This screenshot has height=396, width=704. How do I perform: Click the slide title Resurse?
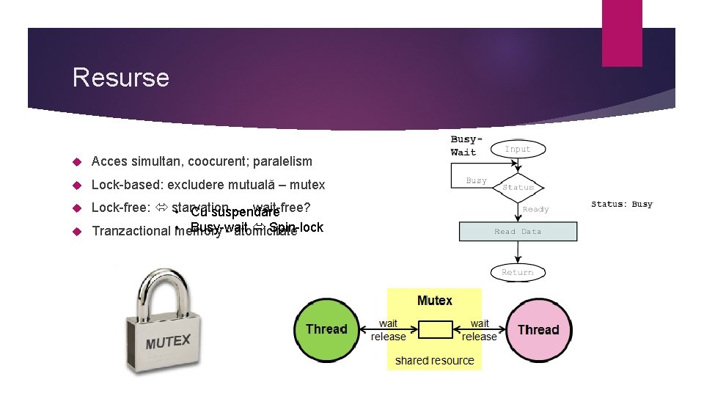121,78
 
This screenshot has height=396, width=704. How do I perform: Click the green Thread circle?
326,329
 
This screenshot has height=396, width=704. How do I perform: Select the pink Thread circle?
538,329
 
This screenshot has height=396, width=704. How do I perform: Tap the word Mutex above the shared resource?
434,301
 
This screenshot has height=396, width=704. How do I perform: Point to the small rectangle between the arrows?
434,329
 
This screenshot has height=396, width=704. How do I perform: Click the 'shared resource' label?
434,360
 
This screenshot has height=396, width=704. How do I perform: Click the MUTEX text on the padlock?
168,342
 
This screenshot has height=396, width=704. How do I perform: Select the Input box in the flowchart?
517,149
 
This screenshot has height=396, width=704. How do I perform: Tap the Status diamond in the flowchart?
518,187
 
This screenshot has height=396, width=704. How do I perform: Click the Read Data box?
518,232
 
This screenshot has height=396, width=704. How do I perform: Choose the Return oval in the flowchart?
517,272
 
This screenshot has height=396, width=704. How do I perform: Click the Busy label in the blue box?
476,180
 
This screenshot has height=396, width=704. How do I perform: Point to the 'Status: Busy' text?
622,204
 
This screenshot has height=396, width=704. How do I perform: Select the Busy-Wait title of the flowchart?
465,145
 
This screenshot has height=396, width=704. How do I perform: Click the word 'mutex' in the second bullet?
308,185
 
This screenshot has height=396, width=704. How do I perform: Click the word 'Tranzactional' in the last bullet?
131,231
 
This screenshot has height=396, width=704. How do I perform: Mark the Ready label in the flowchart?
535,209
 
